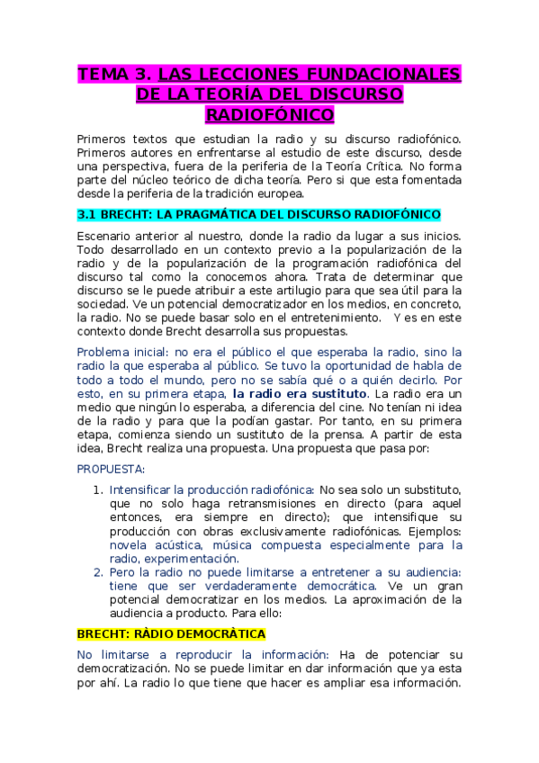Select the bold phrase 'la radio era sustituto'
pyautogui.click(x=300, y=393)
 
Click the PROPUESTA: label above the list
pyautogui.click(x=111, y=469)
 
